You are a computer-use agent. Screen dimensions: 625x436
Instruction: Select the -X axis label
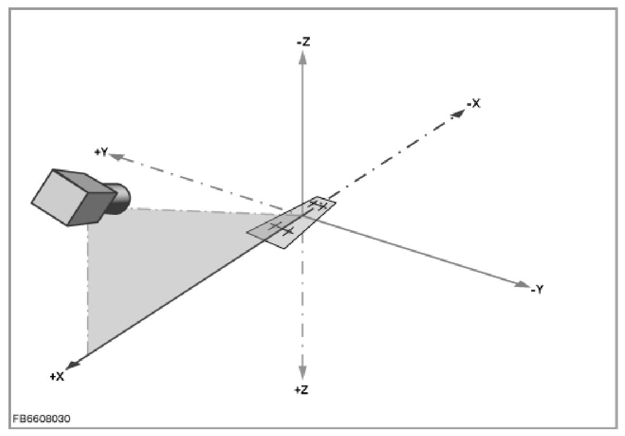click(473, 104)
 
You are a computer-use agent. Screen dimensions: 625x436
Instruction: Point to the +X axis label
click(57, 376)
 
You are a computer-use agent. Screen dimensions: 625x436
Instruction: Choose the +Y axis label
click(101, 152)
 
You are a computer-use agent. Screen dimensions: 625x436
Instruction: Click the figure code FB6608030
click(42, 419)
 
